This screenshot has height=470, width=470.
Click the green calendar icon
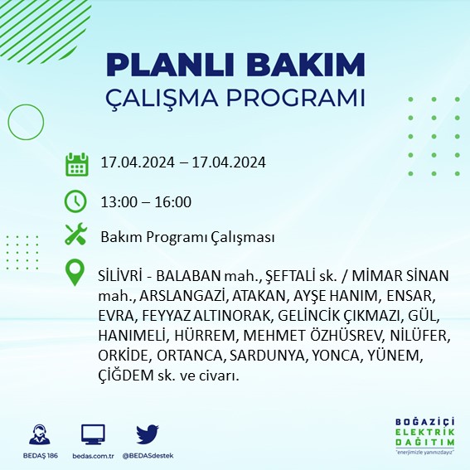pyautogui.click(x=76, y=163)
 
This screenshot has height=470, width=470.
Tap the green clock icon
pyautogui.click(x=76, y=201)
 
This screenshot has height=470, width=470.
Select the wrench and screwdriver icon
pyautogui.click(x=76, y=235)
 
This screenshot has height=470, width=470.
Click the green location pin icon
pyautogui.click(x=76, y=273)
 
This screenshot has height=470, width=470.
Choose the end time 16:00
pyautogui.click(x=174, y=201)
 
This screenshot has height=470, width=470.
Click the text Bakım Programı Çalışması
pyautogui.click(x=187, y=237)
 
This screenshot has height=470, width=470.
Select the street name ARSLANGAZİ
pyautogui.click(x=176, y=295)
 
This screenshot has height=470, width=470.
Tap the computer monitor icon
pyautogui.click(x=93, y=434)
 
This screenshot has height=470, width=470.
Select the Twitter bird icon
pyautogui.click(x=148, y=434)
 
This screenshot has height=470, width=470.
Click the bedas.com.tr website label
pyautogui.click(x=93, y=457)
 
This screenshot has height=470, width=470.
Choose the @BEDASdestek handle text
pyautogui.click(x=148, y=457)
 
